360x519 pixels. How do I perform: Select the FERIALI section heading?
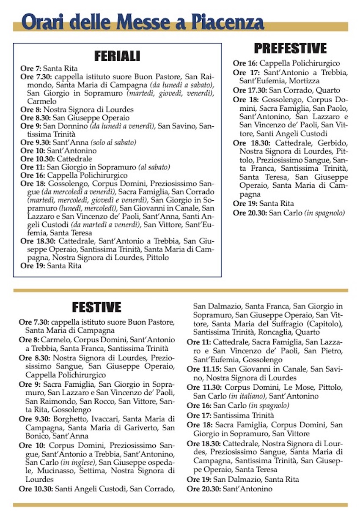tap(117, 56)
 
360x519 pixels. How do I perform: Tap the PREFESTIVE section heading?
tap(290, 48)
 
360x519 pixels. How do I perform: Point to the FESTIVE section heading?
tap(96, 307)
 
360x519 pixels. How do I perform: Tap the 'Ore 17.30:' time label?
tap(250, 90)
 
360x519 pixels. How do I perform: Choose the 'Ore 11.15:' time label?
tap(204, 369)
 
